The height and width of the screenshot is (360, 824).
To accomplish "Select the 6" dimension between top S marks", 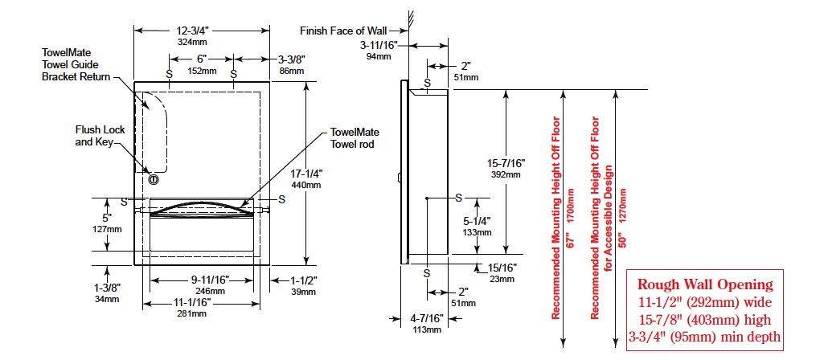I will pyautogui.click(x=202, y=64).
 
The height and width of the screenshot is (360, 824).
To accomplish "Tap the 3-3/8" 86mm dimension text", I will pyautogui.click(x=290, y=64).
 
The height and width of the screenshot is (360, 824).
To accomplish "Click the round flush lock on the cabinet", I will pyautogui.click(x=153, y=178).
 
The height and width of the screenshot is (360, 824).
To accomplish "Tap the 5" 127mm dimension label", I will pyautogui.click(x=106, y=222).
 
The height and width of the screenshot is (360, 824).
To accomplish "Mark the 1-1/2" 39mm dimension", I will pyautogui.click(x=304, y=286).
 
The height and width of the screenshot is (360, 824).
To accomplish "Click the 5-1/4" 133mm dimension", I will pyautogui.click(x=476, y=226).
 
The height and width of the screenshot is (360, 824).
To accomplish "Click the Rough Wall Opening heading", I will pyautogui.click(x=705, y=284).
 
